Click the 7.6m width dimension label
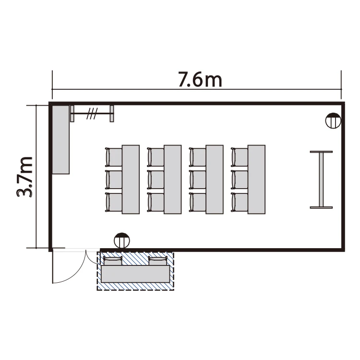pos(200,80)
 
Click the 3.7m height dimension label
pos(24,177)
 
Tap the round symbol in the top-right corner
pos(333,120)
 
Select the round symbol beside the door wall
pos(122,240)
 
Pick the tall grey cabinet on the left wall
pos(61,140)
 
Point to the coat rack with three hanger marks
pos(92,113)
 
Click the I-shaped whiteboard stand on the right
pos(321,180)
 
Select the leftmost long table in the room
pos(131,180)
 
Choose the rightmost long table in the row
pos(256,180)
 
